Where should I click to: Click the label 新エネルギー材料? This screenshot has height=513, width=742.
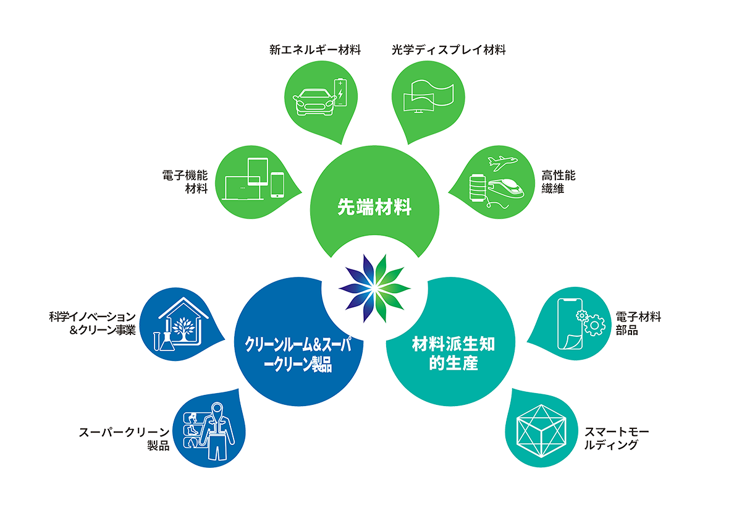314,50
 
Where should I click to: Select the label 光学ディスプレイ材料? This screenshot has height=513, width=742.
449,50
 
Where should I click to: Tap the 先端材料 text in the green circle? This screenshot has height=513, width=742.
374,207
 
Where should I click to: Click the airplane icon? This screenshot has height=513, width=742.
501,162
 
